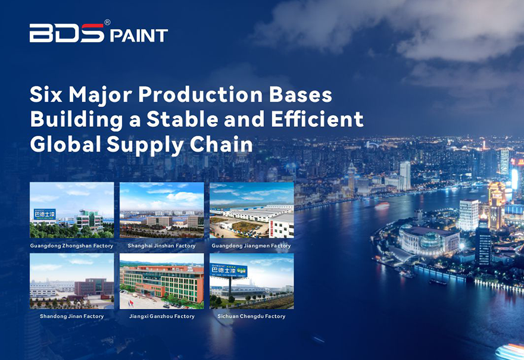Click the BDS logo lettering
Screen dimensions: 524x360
click(67, 33)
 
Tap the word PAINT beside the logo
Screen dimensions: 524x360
click(139, 36)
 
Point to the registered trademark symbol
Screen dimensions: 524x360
click(107, 23)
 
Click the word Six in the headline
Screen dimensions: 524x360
click(46, 95)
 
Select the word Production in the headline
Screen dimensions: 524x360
click(201, 95)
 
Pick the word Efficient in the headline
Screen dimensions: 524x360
click(317, 119)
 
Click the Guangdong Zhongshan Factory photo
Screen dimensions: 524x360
click(72, 210)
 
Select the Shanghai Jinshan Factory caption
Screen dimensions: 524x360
click(162, 246)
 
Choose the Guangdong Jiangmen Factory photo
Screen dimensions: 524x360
click(252, 210)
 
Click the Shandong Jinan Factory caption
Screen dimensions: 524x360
click(72, 316)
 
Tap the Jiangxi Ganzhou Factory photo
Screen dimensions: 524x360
click(162, 281)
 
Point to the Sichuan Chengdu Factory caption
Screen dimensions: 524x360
click(252, 316)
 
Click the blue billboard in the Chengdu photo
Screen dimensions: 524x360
click(229, 270)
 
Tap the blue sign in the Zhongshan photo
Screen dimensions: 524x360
click(45, 214)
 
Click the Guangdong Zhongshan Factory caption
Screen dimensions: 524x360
click(72, 246)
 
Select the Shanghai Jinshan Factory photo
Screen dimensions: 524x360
click(162, 210)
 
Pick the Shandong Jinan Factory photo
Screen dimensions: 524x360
click(72, 281)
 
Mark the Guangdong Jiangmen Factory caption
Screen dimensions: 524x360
click(251, 246)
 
